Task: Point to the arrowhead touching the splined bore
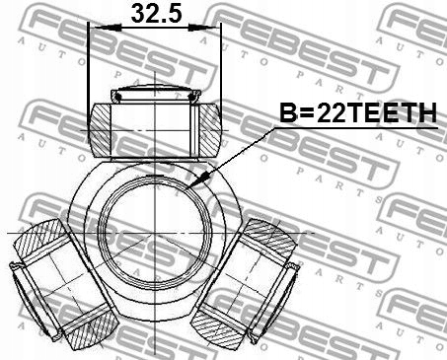click(197, 182)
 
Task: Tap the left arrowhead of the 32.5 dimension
click(96, 29)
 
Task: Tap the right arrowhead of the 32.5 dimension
click(214, 29)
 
